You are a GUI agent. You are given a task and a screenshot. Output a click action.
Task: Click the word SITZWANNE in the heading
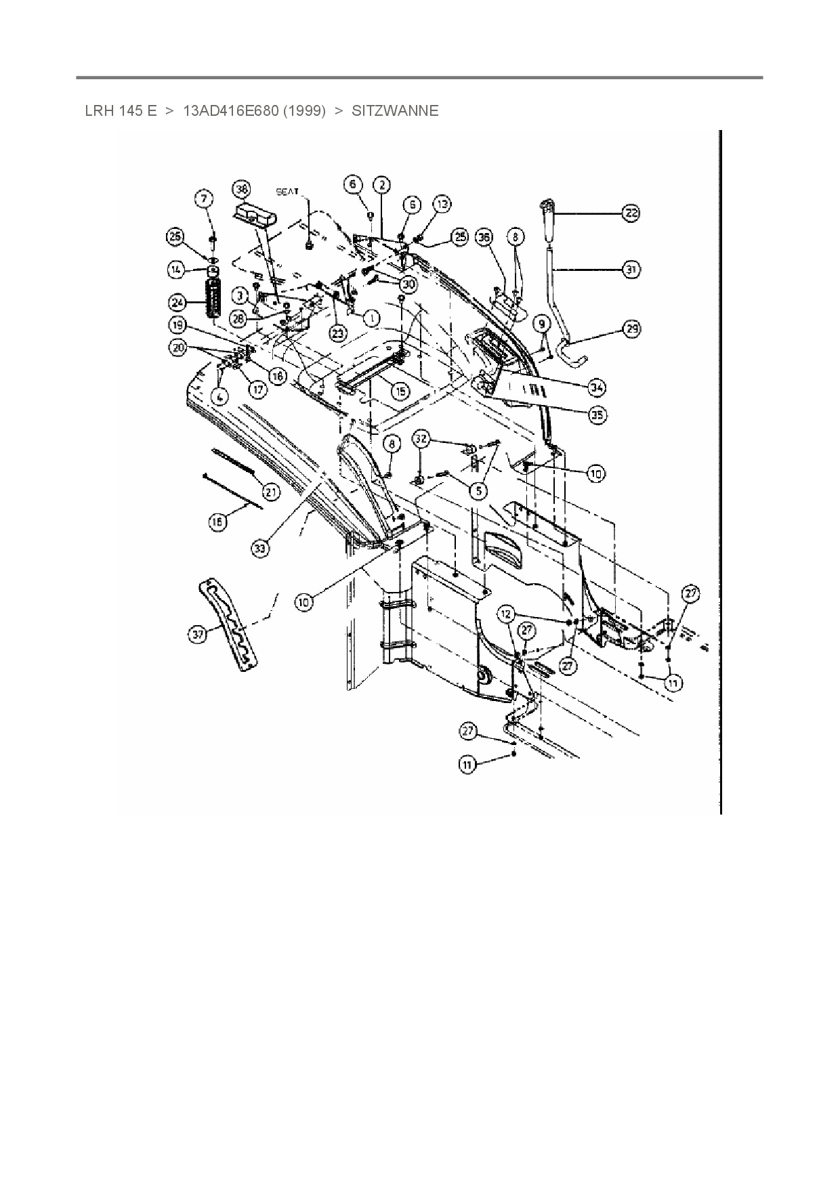(x=395, y=110)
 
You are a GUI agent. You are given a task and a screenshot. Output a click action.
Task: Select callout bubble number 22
(x=631, y=213)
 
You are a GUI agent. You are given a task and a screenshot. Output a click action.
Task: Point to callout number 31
(x=631, y=270)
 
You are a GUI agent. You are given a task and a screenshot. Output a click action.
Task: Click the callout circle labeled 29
(x=631, y=329)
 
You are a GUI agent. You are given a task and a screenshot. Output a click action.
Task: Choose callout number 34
(x=597, y=387)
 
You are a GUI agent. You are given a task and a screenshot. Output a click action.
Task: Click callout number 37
(x=198, y=635)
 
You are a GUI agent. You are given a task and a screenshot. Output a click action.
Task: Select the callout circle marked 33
(x=261, y=548)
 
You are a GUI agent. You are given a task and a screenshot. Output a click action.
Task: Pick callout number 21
(x=271, y=492)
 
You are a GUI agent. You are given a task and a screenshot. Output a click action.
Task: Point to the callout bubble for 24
(x=177, y=301)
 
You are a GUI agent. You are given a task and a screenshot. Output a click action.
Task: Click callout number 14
(x=177, y=270)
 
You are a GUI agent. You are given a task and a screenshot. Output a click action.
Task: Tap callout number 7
(x=204, y=198)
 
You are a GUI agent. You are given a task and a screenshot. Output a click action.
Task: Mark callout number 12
(x=507, y=614)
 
